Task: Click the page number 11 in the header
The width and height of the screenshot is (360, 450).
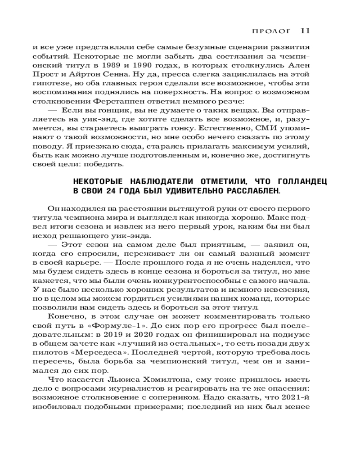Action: pyautogui.click(x=305, y=31)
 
